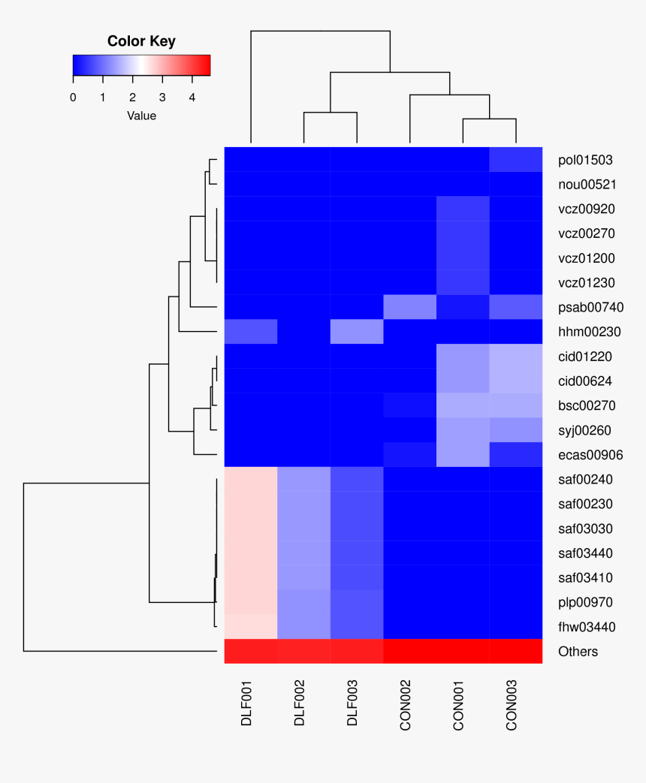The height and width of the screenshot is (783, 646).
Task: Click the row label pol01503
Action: click(585, 160)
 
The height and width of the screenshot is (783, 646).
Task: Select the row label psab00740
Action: click(591, 307)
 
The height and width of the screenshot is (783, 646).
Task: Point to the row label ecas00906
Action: click(591, 455)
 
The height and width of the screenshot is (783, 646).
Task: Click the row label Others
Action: click(578, 652)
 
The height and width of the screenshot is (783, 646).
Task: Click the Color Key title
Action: click(141, 41)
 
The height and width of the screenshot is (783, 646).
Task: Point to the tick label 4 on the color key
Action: click(192, 98)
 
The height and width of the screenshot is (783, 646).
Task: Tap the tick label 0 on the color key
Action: click(73, 98)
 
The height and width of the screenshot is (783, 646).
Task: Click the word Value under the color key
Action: click(141, 116)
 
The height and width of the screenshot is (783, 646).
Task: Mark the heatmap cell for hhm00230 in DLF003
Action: click(357, 332)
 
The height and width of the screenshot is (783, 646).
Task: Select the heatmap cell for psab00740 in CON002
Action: click(410, 307)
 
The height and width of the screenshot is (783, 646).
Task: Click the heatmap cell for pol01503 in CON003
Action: click(516, 160)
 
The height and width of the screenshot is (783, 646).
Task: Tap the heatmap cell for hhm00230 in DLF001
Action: click(251, 332)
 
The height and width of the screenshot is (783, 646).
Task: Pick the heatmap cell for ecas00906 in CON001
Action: click(463, 455)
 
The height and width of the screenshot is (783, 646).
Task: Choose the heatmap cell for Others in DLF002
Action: click(304, 652)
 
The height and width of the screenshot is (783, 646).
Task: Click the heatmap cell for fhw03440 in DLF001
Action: click(251, 627)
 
